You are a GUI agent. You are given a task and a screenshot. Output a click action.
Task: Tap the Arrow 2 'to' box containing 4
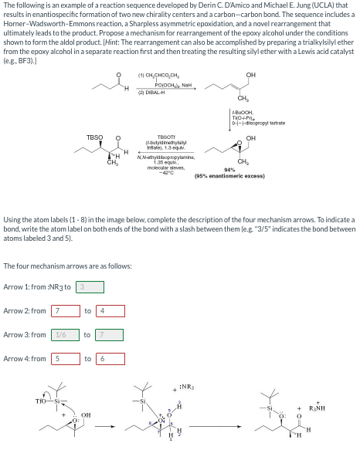click(107, 310)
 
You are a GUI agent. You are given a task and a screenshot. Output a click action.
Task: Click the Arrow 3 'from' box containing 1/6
click(64, 334)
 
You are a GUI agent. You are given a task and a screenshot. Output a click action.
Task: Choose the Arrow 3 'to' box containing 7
click(107, 334)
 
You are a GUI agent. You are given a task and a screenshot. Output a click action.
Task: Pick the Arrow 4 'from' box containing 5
click(64, 358)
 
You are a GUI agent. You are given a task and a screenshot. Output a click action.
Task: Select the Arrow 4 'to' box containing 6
click(107, 358)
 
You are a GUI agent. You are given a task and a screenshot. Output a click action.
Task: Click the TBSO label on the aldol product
click(94, 139)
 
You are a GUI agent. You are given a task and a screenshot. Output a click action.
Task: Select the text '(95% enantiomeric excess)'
click(229, 176)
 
